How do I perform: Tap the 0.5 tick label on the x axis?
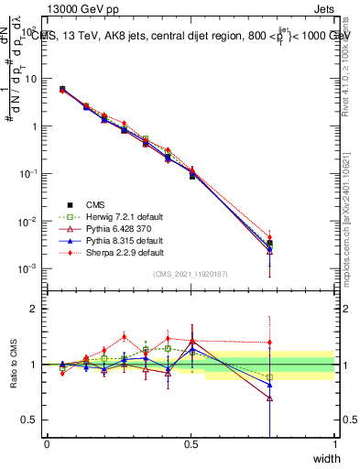tap(191, 444)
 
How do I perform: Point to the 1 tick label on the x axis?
tap(334, 444)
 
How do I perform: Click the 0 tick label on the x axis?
tap(47, 444)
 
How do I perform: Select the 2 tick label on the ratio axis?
tap(34, 309)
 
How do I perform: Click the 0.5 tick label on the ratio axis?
tap(28, 420)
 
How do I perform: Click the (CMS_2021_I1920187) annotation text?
tap(191, 273)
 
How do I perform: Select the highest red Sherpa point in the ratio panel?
tap(125, 336)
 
